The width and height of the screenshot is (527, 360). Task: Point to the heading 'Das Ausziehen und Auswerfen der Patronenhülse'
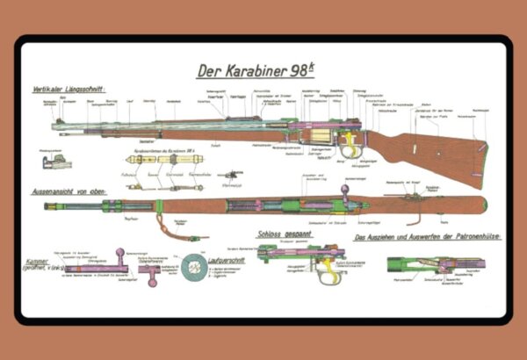tap(422, 237)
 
